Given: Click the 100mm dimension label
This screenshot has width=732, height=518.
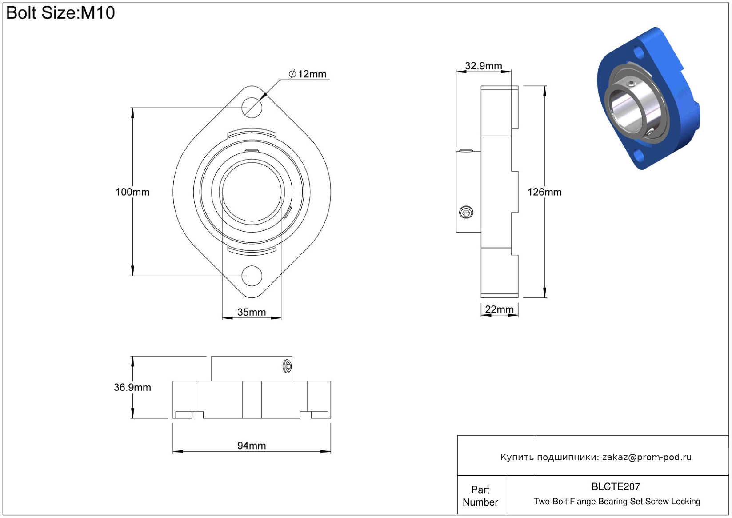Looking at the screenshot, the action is point(132,192).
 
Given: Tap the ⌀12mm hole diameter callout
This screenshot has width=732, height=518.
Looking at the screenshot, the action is point(308,74).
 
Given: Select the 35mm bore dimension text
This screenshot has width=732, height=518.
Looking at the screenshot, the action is point(251,312).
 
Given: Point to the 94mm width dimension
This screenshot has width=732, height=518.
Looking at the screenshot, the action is point(251,446).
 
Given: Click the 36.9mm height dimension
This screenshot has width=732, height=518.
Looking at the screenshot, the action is point(132,387).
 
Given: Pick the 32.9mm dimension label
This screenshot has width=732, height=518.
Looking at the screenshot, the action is point(483,66).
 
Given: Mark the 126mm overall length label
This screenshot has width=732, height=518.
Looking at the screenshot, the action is point(544,192).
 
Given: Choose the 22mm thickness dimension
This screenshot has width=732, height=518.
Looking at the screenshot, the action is point(499,309).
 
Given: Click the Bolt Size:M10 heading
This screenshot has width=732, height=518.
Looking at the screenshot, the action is point(60,13).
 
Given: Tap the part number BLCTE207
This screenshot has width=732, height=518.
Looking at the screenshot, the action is point(616,486).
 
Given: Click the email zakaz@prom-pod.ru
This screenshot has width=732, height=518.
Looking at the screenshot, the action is point(647,457).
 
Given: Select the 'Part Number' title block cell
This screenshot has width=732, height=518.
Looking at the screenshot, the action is point(480,496).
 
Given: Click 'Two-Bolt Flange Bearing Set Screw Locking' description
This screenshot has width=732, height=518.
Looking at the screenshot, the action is point(617,501).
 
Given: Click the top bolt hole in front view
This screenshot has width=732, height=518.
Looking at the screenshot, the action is point(252,107).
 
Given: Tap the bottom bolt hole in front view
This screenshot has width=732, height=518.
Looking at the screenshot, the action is point(252,276).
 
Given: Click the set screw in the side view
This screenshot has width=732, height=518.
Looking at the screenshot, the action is point(466,213).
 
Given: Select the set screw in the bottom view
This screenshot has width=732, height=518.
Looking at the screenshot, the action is point(287,366).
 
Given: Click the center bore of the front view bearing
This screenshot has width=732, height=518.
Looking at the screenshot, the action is point(252,192).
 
